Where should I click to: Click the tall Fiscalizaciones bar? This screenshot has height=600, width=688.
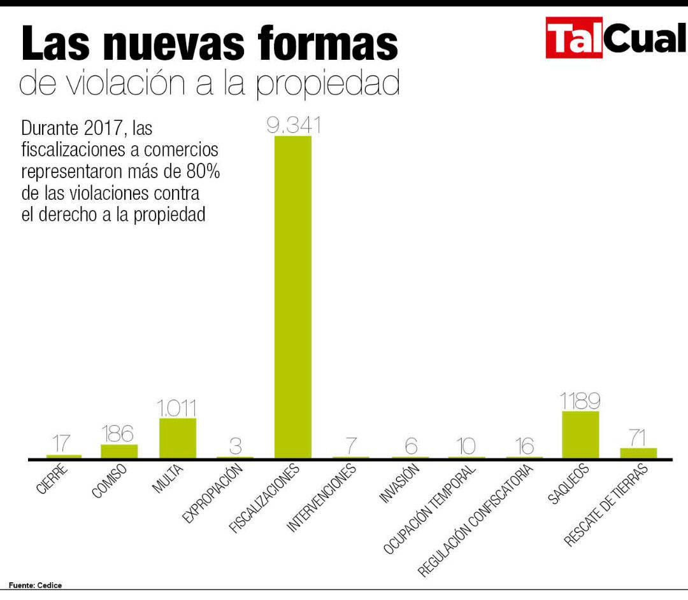tap(293, 297)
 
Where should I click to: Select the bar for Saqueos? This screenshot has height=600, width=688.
tap(580, 435)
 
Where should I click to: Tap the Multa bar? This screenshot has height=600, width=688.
tap(178, 438)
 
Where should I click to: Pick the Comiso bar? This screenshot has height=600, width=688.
tap(119, 451)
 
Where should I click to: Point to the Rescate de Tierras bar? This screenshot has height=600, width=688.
tap(638, 453)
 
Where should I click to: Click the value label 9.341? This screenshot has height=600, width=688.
tap(293, 125)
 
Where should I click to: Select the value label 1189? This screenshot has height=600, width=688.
tap(580, 401)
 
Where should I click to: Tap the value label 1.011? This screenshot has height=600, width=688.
tap(178, 407)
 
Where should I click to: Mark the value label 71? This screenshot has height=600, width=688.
tap(638, 438)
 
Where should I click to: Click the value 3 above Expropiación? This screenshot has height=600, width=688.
tap(235, 446)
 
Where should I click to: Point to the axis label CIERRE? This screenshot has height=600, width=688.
tap(52, 481)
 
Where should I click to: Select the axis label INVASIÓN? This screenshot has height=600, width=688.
tap(400, 485)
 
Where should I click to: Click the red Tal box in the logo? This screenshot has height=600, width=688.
tap(574, 38)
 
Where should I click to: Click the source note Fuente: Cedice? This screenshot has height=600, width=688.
tap(36, 585)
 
